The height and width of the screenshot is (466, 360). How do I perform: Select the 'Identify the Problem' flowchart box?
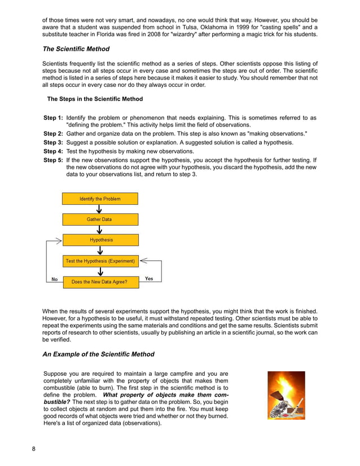pos(100,199)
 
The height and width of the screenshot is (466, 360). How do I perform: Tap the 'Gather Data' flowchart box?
pos(99,219)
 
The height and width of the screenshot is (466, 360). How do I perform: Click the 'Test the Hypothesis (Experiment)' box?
pos(100,261)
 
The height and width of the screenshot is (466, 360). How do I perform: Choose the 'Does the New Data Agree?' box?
pos(99,282)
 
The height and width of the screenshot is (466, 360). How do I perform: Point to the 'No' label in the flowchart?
pos(55,279)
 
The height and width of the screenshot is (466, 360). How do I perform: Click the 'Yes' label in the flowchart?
pos(149,279)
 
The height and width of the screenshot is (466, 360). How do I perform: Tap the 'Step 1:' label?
pos(53,118)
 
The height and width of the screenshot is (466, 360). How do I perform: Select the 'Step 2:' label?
pos(53,134)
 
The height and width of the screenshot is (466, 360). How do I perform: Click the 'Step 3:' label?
pos(53,143)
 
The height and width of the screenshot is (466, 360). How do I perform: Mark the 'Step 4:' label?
pos(53,151)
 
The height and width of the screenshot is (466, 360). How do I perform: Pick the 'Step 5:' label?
pos(53,160)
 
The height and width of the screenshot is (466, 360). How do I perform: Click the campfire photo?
pos(286,395)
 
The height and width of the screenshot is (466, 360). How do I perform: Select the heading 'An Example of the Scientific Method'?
pos(99,354)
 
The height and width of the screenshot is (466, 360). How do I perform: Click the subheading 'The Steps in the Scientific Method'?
pos(95,99)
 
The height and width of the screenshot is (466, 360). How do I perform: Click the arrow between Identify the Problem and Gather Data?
pos(99,209)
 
